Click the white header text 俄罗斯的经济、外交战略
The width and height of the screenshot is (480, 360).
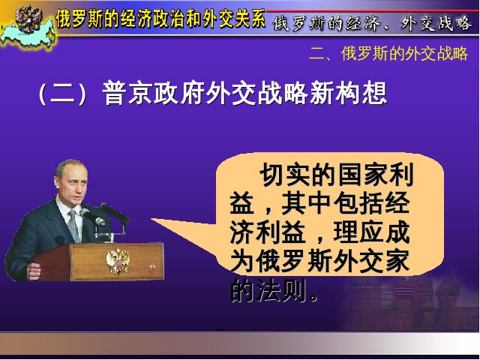(x=372, y=24)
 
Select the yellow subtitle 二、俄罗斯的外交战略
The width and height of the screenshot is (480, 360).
(x=388, y=53)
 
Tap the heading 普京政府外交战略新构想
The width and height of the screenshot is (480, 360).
(x=245, y=93)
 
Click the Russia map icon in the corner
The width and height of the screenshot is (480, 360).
(x=28, y=28)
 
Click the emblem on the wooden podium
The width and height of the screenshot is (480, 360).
(x=118, y=261)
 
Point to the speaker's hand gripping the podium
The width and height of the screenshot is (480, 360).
(x=34, y=271)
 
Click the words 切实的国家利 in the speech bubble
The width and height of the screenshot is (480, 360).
(x=337, y=175)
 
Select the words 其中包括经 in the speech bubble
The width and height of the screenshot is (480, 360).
(x=345, y=203)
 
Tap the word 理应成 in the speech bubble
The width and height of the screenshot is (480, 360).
(x=372, y=232)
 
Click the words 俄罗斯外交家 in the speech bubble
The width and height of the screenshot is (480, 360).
(x=333, y=261)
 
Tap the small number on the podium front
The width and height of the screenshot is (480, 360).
(x=152, y=267)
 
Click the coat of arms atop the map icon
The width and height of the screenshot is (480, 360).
(x=28, y=19)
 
